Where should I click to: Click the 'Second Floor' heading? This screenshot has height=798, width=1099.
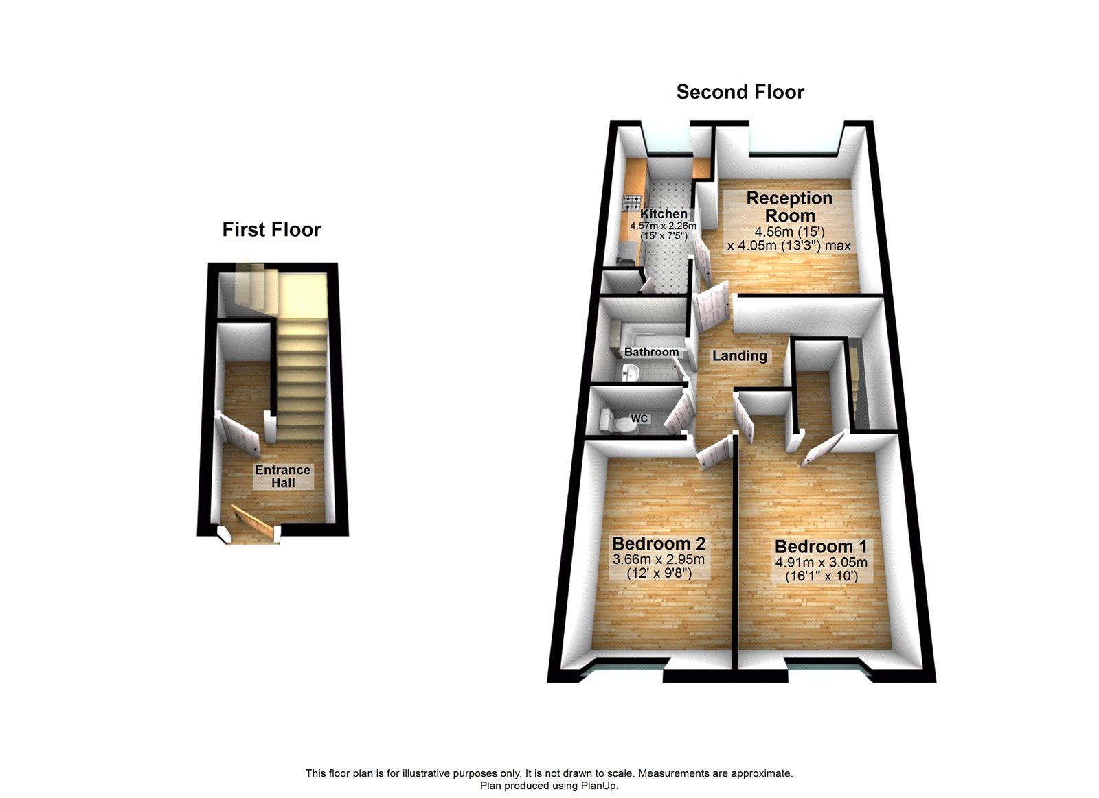point(740,92)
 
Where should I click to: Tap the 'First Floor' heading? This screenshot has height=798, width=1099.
point(271,229)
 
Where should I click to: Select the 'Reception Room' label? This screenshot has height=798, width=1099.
point(789,207)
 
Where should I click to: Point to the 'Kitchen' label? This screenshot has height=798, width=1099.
point(664,214)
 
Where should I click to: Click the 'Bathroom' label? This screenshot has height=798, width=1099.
point(651,352)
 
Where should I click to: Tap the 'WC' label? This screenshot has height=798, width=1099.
point(639,419)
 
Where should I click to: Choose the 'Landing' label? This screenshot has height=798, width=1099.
point(739,355)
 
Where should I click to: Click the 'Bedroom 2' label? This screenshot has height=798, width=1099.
point(659,543)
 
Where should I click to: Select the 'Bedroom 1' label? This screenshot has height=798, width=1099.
point(821,546)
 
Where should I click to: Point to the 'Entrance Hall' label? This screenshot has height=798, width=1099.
point(283,476)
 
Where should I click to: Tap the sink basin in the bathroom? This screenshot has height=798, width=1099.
point(631,373)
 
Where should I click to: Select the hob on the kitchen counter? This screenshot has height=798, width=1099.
point(631,202)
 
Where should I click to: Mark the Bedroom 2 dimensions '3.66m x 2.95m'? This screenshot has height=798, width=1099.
point(659,559)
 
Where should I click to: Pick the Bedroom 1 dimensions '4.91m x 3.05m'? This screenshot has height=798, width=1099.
point(821,563)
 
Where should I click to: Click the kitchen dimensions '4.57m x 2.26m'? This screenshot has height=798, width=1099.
point(663,226)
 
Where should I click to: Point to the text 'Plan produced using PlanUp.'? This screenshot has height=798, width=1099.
point(549,786)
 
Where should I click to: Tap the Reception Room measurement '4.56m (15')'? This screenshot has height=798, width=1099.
point(789,232)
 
